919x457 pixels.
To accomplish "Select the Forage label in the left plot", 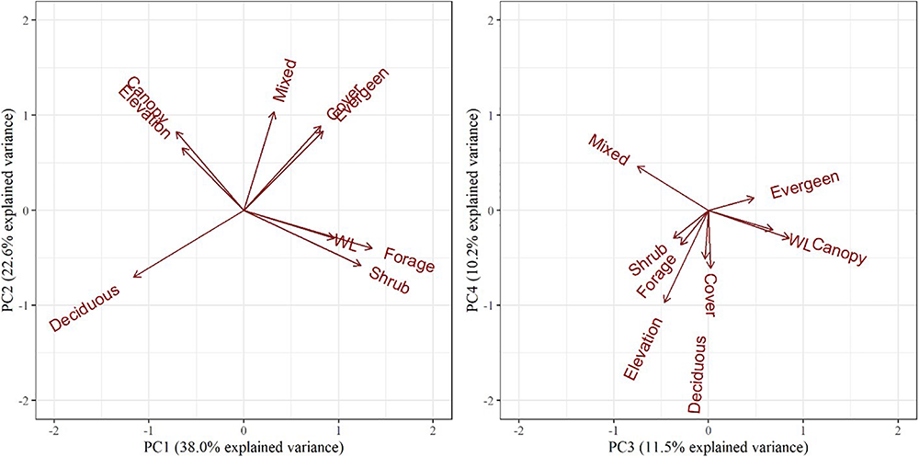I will pyautogui.click(x=409, y=260).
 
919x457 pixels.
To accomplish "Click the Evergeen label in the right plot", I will pyautogui.click(x=805, y=185).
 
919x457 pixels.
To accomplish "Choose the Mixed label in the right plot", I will pyautogui.click(x=608, y=151).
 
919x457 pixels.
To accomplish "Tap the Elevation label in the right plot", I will pyautogui.click(x=642, y=348).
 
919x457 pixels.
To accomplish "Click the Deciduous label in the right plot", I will pyautogui.click(x=697, y=374).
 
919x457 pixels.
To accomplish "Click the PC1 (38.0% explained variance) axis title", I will pyautogui.click(x=243, y=448).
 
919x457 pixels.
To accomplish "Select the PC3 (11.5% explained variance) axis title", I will pyautogui.click(x=708, y=448).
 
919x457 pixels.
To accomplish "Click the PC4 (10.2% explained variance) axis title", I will pyautogui.click(x=474, y=210).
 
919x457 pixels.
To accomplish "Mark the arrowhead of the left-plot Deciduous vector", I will pyautogui.click(x=133, y=276).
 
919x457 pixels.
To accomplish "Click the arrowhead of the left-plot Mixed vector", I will pyautogui.click(x=275, y=112).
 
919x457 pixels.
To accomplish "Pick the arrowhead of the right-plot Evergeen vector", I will pyautogui.click(x=754, y=197).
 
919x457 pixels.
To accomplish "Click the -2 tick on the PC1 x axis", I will pyautogui.click(x=53, y=429).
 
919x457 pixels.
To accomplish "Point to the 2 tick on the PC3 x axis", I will pyautogui.click(x=898, y=429).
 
